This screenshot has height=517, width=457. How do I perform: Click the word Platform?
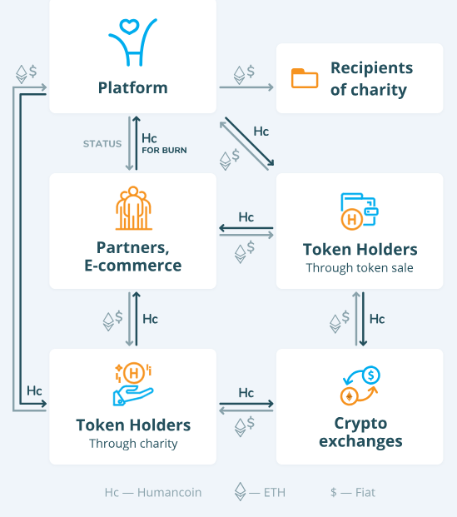pyautogui.click(x=133, y=88)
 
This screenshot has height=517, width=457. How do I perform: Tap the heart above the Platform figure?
pyautogui.click(x=129, y=27)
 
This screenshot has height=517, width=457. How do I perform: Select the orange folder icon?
pyautogui.click(x=305, y=78)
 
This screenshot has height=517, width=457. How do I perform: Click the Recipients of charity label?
pyautogui.click(x=371, y=79)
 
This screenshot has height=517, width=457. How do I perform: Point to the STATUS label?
pyautogui.click(x=102, y=144)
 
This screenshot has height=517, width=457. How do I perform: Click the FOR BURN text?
pyautogui.click(x=164, y=151)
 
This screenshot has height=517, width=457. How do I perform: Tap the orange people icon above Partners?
pyautogui.click(x=133, y=208)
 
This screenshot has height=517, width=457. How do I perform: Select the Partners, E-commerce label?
pyautogui.click(x=133, y=256)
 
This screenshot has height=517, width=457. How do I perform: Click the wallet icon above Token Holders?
pyautogui.click(x=360, y=211)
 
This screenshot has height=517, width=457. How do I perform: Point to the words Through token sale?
pyautogui.click(x=360, y=268)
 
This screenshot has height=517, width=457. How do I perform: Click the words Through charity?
pyautogui.click(x=133, y=444)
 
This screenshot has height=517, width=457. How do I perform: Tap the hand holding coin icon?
pyautogui.click(x=133, y=384)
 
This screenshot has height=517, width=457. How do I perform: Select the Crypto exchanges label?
pyautogui.click(x=360, y=432)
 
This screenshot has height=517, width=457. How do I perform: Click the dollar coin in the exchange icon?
pyautogui.click(x=371, y=375)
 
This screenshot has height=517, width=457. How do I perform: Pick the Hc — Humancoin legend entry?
pyautogui.click(x=153, y=493)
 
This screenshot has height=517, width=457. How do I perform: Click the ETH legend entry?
pyautogui.click(x=260, y=492)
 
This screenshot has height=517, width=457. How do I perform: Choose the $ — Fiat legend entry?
pyautogui.click(x=353, y=493)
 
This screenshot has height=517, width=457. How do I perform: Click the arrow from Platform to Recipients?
pyautogui.click(x=246, y=87)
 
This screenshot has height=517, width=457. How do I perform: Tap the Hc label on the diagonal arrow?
pyautogui.click(x=261, y=132)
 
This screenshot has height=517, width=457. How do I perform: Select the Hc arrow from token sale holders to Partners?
pyautogui.click(x=246, y=228)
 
